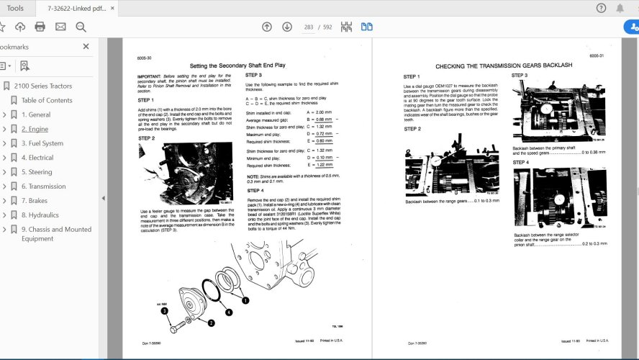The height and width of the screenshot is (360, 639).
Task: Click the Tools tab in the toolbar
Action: [x=15, y=8]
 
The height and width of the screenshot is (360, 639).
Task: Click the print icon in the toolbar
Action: [x=40, y=27]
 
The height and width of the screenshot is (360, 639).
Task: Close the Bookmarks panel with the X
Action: [x=86, y=46]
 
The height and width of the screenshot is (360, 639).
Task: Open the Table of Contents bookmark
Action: [x=47, y=100]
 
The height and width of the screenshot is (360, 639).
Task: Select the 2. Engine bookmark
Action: [x=35, y=129]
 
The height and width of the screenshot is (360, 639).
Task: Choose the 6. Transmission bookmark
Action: [x=43, y=186]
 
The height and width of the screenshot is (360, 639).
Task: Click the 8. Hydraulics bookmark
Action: [x=40, y=215]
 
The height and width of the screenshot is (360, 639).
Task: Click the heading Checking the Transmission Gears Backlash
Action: [x=504, y=66]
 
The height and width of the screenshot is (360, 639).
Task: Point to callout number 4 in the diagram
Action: [x=228, y=312]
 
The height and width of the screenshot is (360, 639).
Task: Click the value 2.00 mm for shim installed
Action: [x=324, y=112]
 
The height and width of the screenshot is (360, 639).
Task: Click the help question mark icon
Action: [x=602, y=8]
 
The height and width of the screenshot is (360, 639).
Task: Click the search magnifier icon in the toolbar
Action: [x=81, y=27]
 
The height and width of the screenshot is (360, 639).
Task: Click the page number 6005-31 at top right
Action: [x=596, y=55]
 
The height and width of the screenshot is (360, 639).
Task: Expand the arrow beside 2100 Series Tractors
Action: [x=6, y=86]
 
